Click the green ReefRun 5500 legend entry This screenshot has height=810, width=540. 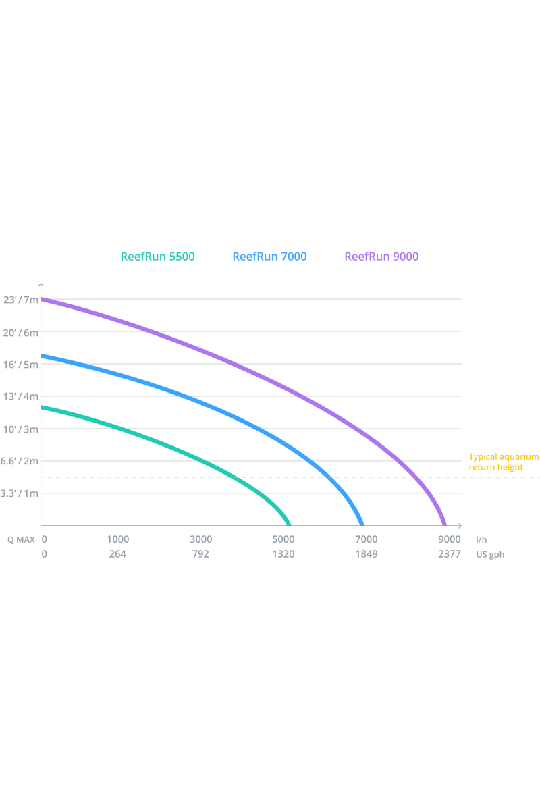(157, 256)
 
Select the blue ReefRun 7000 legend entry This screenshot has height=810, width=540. (269, 256)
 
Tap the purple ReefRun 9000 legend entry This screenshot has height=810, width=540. (381, 256)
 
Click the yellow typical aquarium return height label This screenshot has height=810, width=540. (503, 462)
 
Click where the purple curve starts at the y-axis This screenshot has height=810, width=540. (43, 298)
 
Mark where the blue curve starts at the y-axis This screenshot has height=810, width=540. (43, 355)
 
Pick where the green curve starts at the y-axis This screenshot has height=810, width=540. (43, 407)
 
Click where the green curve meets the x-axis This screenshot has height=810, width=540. (290, 524)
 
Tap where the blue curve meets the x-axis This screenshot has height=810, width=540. (364, 524)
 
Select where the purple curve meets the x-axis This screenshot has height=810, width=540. (444, 524)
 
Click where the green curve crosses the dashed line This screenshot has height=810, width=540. (236, 478)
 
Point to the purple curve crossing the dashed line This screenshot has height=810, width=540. (418, 478)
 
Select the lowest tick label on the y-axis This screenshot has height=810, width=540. (18, 494)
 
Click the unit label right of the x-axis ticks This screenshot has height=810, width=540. (490, 548)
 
